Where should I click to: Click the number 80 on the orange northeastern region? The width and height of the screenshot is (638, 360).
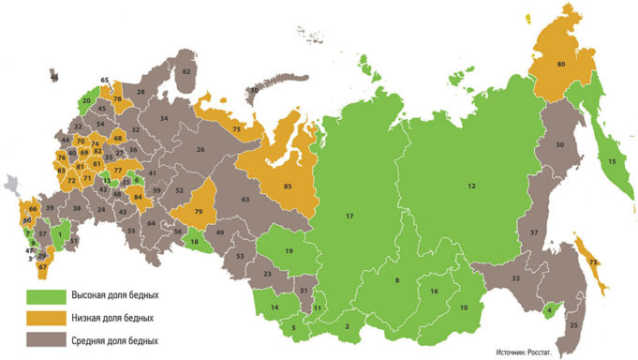pyautogui.click(x=560, y=65)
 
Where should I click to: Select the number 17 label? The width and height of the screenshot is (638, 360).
pyautogui.click(x=349, y=218)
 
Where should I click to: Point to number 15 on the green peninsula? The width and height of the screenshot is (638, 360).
pyautogui.click(x=613, y=162)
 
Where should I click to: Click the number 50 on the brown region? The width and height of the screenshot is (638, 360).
pyautogui.click(x=560, y=145)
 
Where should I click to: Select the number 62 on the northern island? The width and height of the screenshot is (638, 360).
pyautogui.click(x=186, y=71)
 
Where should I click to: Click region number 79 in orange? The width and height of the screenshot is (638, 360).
pyautogui.click(x=200, y=213)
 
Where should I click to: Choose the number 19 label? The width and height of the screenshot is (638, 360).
pyautogui.click(x=289, y=252)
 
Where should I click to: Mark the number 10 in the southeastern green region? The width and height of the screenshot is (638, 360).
pyautogui.click(x=463, y=308)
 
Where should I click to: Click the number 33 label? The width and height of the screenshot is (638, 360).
pyautogui.click(x=514, y=278)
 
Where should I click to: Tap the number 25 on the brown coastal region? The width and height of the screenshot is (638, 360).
pyautogui.click(x=574, y=325)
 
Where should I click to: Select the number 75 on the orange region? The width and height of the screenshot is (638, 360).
pyautogui.click(x=237, y=127)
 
